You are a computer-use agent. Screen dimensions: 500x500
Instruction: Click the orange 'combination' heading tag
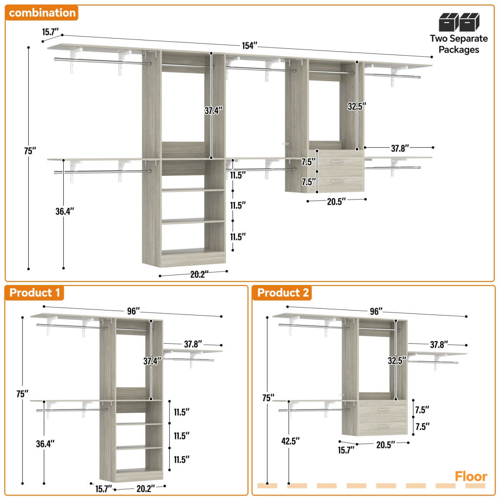point(42,13)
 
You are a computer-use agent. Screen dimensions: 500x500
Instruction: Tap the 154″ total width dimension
point(250,46)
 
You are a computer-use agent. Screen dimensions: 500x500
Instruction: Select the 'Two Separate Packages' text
point(459,44)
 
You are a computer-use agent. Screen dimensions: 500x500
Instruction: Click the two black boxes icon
point(459,22)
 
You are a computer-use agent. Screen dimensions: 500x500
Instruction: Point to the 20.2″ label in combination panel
point(199,275)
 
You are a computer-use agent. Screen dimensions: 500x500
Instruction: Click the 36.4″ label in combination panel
point(65,211)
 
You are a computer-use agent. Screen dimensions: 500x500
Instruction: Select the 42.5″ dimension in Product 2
point(290,441)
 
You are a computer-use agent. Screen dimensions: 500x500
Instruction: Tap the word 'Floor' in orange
point(471,476)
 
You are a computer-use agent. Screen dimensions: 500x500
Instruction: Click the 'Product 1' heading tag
point(35,292)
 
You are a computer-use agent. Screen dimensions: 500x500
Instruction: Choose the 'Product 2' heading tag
point(283,292)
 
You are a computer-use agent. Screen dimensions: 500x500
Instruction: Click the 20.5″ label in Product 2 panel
point(385,445)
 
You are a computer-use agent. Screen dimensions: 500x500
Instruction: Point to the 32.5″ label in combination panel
point(357,106)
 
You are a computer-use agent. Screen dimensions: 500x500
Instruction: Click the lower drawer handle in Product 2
point(383,426)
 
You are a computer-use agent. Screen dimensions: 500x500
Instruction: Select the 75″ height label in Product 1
point(22,394)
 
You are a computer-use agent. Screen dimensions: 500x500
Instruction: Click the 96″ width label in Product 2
point(376,311)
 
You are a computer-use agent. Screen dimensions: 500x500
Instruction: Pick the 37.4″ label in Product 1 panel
point(152,361)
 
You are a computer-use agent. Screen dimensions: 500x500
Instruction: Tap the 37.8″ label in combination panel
point(400,148)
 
